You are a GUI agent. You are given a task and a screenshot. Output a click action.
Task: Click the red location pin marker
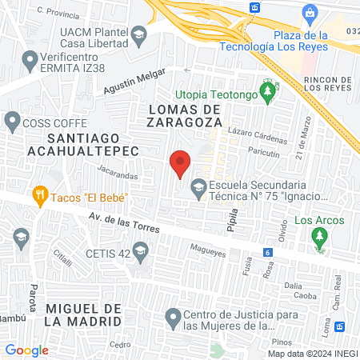(x=181, y=164)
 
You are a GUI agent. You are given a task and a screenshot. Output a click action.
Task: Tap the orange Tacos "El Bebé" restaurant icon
(x=38, y=194)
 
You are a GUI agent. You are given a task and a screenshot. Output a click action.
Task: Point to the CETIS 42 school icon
(x=141, y=253)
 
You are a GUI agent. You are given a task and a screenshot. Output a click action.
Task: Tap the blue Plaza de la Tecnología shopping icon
(x=310, y=14)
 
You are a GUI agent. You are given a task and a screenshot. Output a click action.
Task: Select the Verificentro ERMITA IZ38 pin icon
(x=31, y=58)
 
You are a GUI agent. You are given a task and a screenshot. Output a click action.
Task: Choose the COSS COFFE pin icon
(x=12, y=122)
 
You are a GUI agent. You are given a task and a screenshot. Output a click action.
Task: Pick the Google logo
(x=27, y=350)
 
